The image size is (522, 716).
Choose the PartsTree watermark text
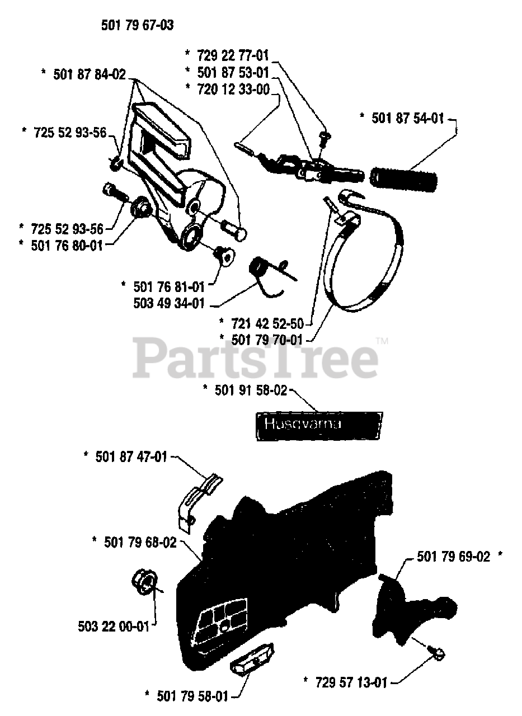click(x=255, y=358)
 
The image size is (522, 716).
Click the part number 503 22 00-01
click(x=114, y=626)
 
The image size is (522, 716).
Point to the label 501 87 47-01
click(x=131, y=457)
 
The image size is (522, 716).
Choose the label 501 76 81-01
click(x=167, y=286)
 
